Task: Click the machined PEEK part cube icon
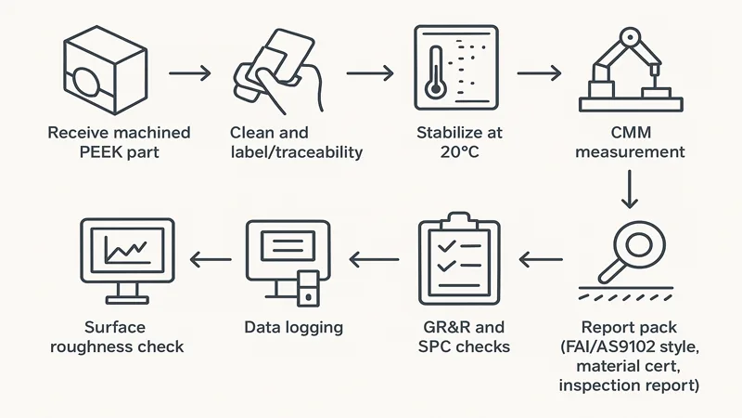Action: click(96, 71)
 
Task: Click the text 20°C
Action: click(453, 150)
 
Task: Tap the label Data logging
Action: click(293, 327)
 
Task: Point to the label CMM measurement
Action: click(630, 141)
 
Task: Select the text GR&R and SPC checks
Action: click(464, 336)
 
